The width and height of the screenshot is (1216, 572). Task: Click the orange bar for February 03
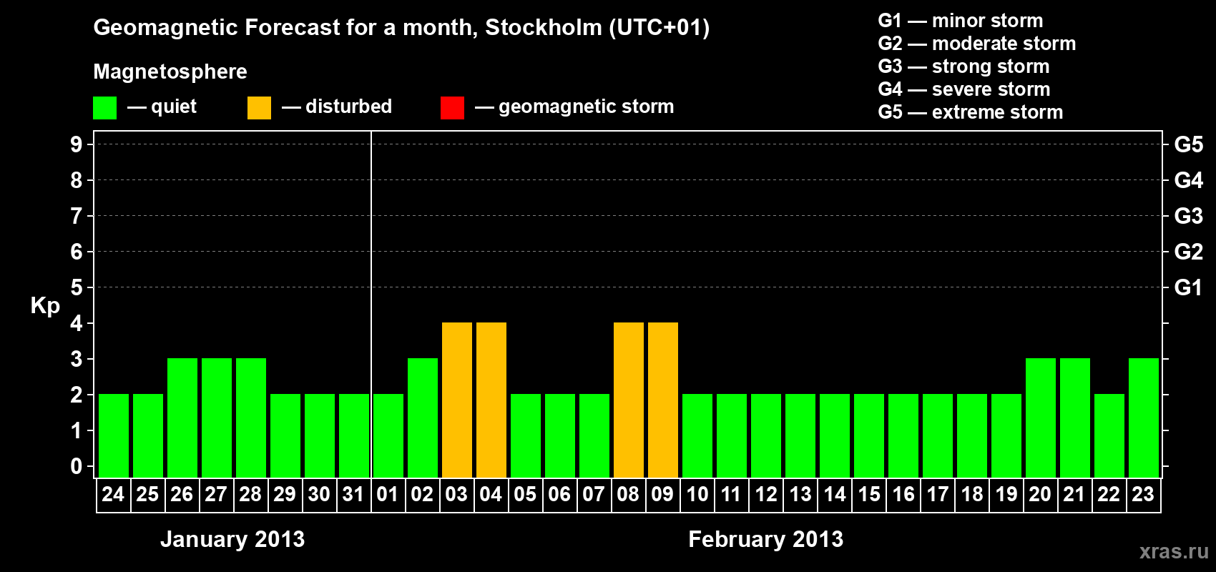coord(456,400)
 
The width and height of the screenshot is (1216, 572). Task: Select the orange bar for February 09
coord(663,400)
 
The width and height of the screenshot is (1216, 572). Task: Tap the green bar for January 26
coord(182,418)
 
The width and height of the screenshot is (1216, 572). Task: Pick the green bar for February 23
coord(1144,418)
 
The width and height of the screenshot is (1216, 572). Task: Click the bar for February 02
coord(422,418)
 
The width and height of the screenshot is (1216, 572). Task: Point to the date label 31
coord(353,494)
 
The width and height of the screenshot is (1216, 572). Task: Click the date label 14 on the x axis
coord(834,494)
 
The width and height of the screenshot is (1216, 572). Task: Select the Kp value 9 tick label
coord(76,144)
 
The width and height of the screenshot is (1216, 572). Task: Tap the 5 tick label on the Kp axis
coord(76,287)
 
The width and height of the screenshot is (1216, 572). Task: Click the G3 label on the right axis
coord(1189,216)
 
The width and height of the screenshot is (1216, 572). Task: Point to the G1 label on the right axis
coord(1189,287)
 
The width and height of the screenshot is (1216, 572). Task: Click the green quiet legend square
coord(104,107)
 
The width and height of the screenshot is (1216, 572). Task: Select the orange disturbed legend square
coord(259,107)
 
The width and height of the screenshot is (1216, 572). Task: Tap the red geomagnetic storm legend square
coord(452,107)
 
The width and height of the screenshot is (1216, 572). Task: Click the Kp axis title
coord(45,306)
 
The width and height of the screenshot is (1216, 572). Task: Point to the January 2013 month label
coord(232,539)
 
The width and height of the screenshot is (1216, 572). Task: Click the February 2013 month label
coord(765,539)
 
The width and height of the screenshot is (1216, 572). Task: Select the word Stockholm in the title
coord(544,27)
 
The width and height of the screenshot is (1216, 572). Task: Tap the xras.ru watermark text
coord(1173,551)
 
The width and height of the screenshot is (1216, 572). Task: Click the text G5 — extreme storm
coord(971,112)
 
